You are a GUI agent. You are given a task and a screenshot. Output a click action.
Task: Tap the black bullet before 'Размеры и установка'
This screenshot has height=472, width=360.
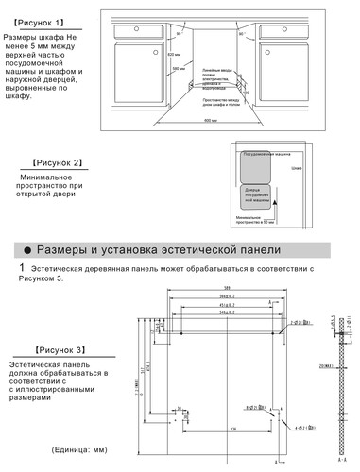(28, 250)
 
